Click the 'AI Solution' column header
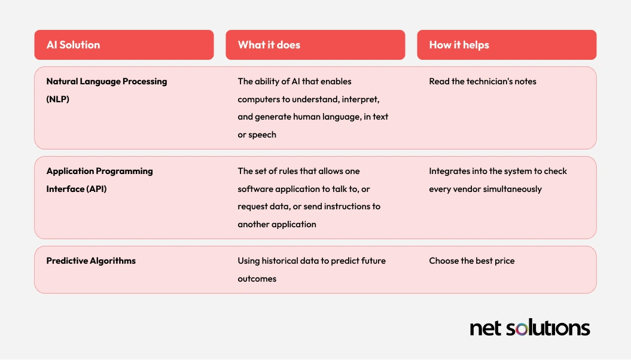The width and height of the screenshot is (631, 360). [x=73, y=45]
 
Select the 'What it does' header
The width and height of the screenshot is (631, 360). [x=269, y=45]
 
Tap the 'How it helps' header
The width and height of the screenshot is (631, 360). [x=459, y=45]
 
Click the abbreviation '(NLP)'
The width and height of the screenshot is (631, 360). [x=57, y=99]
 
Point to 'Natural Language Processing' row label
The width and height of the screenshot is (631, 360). [x=106, y=82]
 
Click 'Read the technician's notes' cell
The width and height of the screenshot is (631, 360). [x=483, y=81]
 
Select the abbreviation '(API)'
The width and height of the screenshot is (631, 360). [x=96, y=188]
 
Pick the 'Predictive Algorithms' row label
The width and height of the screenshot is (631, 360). [x=91, y=261]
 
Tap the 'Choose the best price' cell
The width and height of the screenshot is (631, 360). [x=472, y=261]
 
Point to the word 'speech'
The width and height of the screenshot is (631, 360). [x=263, y=135]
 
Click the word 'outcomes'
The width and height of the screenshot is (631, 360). [x=257, y=279]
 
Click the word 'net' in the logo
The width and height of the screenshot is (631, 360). [x=486, y=328]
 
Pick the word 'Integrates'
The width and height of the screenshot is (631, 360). [x=449, y=172]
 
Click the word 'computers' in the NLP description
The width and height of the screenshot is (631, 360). [x=258, y=99]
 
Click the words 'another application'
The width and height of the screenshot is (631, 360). [x=277, y=224]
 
